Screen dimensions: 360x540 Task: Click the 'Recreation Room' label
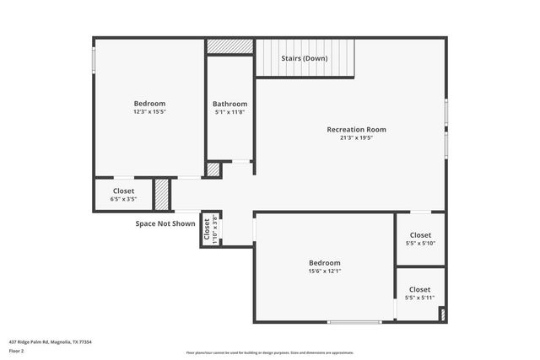(x=356, y=129)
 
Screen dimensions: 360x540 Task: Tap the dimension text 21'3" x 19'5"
(x=356, y=137)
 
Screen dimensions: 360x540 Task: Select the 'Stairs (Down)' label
(x=304, y=58)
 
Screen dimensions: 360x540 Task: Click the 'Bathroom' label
(x=229, y=104)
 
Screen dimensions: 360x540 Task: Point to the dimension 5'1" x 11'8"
(x=229, y=111)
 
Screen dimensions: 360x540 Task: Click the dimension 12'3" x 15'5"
(x=148, y=111)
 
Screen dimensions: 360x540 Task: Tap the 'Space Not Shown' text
(x=165, y=223)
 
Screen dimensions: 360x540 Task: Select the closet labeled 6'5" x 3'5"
(x=122, y=200)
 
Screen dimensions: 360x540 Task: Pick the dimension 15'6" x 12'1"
(x=324, y=271)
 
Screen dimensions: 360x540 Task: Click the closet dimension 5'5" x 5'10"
(x=420, y=243)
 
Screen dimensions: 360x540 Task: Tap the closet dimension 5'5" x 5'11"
(x=420, y=297)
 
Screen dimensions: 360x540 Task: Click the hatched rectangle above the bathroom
(x=229, y=46)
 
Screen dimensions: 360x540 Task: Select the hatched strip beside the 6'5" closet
(x=161, y=195)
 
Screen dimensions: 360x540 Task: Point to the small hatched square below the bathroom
(x=213, y=169)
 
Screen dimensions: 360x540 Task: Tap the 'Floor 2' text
(x=17, y=351)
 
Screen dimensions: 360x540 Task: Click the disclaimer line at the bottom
(x=270, y=352)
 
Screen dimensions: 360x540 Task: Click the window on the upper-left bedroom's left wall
(x=94, y=60)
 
